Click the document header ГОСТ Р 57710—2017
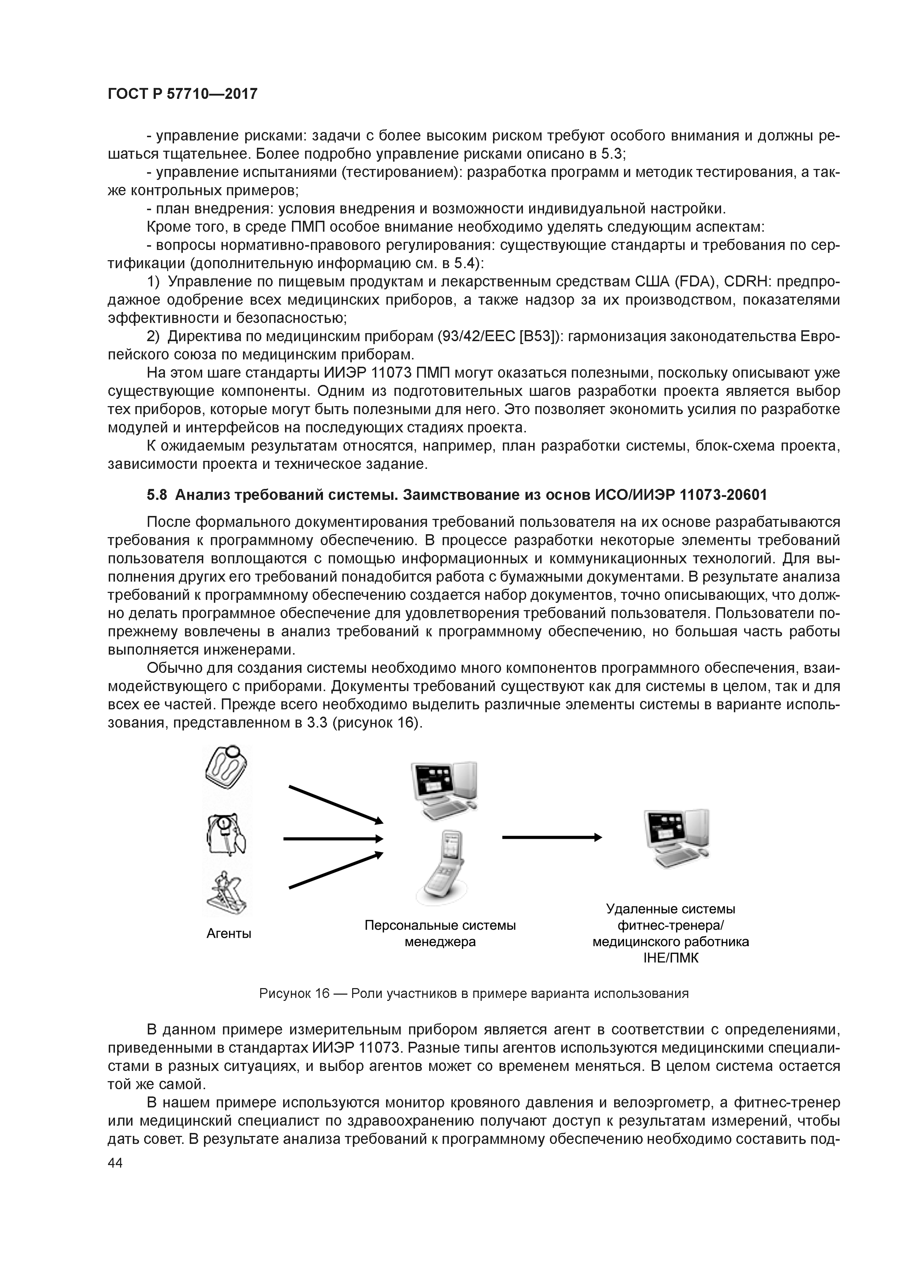182,94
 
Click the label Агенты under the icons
228,933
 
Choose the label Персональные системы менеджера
440,933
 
